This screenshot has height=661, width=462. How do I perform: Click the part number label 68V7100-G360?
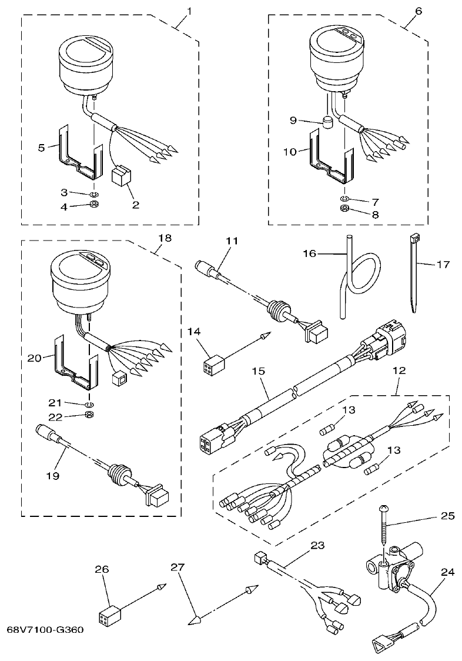pyautogui.click(x=45, y=629)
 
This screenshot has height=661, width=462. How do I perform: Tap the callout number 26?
pyautogui.click(x=102, y=569)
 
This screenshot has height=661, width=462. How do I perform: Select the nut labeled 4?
pyautogui.click(x=93, y=205)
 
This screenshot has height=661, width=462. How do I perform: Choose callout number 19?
pyautogui.click(x=53, y=475)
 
